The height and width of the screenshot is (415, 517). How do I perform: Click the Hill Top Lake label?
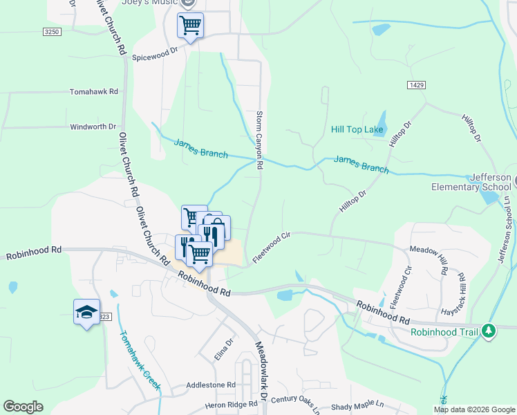point(357,129)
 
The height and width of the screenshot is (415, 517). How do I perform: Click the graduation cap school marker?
point(87,312)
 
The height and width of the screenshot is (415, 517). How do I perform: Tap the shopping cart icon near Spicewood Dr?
point(190,26)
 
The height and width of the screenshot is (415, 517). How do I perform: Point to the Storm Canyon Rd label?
point(260,140)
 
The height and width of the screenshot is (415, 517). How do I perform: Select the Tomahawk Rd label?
point(94,91)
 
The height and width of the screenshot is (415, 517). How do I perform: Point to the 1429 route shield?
point(415,84)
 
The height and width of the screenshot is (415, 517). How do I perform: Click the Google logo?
point(23,406)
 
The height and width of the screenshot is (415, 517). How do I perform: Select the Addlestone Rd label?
point(211,385)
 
